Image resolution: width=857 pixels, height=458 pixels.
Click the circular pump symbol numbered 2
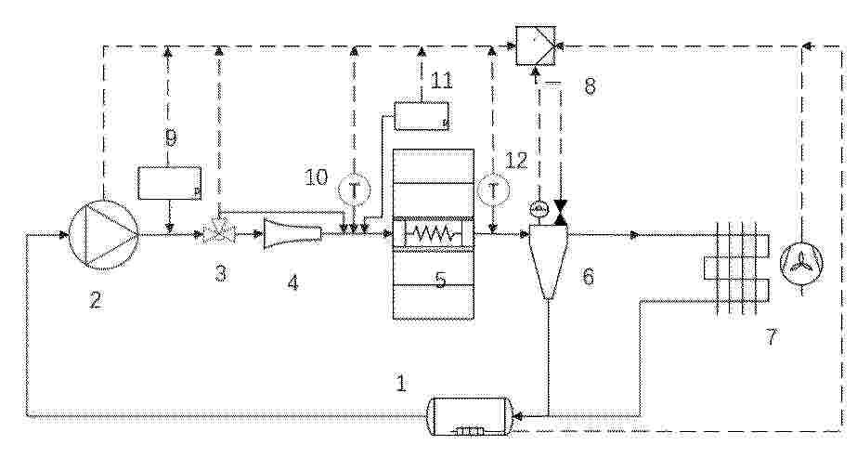[103, 235]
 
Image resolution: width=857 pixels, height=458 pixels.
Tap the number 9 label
[171, 137]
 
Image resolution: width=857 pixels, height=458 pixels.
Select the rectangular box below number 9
[169, 183]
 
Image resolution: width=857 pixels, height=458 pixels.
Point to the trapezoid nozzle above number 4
[292, 234]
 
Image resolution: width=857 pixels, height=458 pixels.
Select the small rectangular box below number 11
[422, 116]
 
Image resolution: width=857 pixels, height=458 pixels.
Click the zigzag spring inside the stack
[432, 234]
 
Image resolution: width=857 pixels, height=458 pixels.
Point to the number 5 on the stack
[440, 280]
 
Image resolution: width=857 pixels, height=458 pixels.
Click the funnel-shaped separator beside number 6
[548, 261]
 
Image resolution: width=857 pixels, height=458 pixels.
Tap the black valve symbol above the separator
[560, 213]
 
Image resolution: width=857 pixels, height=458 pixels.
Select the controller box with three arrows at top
[536, 46]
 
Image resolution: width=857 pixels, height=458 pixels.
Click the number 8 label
[590, 86]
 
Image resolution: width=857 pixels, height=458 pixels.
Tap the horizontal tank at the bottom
[472, 416]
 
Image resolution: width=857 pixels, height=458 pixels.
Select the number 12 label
[516, 160]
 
